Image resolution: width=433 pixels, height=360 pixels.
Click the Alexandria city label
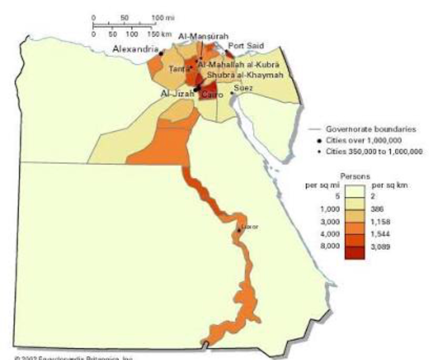pyautogui.click(x=135, y=49)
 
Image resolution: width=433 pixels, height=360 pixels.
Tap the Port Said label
pyautogui.click(x=246, y=46)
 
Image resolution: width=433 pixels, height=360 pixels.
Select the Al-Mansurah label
pyautogui.click(x=203, y=36)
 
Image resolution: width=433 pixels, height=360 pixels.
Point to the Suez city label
pyautogui.click(x=243, y=88)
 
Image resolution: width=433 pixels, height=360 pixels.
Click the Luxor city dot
pyautogui.click(x=239, y=230)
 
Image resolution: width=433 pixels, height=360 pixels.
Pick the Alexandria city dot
pyautogui.click(x=161, y=54)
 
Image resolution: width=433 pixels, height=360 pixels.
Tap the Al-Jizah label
pyautogui.click(x=177, y=94)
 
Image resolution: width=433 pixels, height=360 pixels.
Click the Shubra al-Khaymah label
pyautogui.click(x=245, y=75)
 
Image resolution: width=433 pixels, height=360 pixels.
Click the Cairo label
pyautogui.click(x=212, y=95)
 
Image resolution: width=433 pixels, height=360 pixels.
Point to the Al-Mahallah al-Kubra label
pyautogui.click(x=238, y=65)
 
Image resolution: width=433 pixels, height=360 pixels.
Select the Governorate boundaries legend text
pyautogui.click(x=371, y=129)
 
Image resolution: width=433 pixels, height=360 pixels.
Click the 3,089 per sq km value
pyautogui.click(x=380, y=247)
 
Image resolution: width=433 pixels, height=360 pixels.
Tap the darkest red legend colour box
pyautogui.click(x=354, y=253)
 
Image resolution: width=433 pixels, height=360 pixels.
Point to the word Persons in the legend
pyautogui.click(x=355, y=177)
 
